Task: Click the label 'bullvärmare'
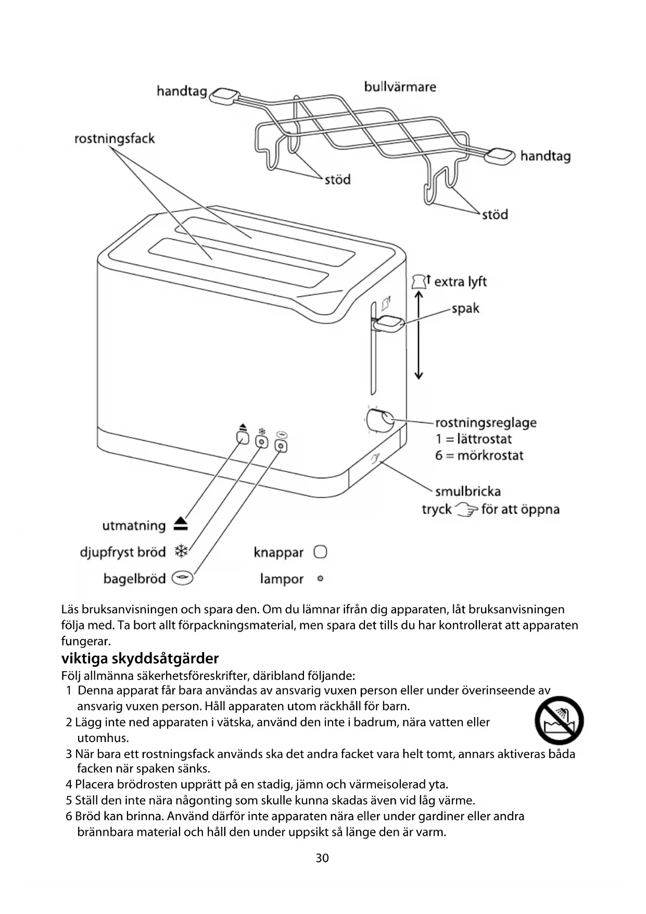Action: tap(400, 87)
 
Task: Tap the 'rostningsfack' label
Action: tap(115, 139)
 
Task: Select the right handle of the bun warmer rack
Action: tap(500, 155)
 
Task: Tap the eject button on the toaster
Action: tap(243, 437)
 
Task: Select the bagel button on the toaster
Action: tap(281, 446)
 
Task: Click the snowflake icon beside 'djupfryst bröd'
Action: tap(181, 551)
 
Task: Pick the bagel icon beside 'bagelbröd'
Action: tap(182, 578)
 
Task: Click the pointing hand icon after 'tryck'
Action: tap(466, 509)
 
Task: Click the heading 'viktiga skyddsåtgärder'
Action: tap(140, 658)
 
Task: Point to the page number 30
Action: tap(322, 858)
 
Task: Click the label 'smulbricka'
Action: tap(467, 491)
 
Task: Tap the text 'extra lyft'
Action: tap(460, 282)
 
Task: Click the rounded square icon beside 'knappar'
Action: tap(321, 552)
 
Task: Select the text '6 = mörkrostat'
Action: tap(479, 455)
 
